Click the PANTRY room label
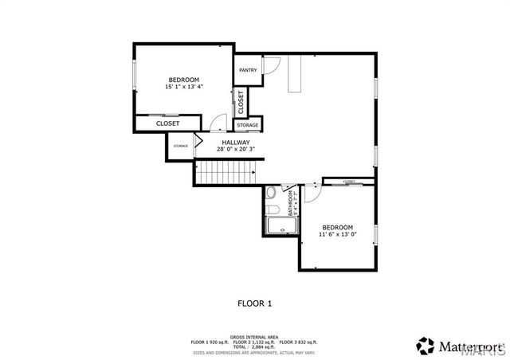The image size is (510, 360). pyautogui.click(x=247, y=70)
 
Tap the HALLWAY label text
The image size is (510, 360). pyautogui.click(x=225, y=143)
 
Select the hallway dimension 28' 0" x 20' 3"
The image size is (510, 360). pyautogui.click(x=225, y=149)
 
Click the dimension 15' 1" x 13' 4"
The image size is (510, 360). pyautogui.click(x=183, y=86)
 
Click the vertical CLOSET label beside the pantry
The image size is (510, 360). pyautogui.click(x=241, y=101)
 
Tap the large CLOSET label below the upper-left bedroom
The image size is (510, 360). pyautogui.click(x=167, y=123)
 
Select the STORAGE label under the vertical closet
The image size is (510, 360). pyautogui.click(x=247, y=126)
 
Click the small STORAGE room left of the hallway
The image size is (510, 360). pyautogui.click(x=181, y=146)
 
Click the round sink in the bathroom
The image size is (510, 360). pyautogui.click(x=271, y=193)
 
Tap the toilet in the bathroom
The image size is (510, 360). pyautogui.click(x=272, y=209)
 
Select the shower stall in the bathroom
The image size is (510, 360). pyautogui.click(x=281, y=228)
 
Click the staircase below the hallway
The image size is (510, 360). pyautogui.click(x=228, y=171)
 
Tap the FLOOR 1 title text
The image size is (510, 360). pyautogui.click(x=255, y=303)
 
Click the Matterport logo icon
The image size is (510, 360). pyautogui.click(x=422, y=346)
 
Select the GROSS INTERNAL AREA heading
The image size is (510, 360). pyautogui.click(x=254, y=337)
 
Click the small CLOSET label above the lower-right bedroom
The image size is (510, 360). pyautogui.click(x=349, y=182)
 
